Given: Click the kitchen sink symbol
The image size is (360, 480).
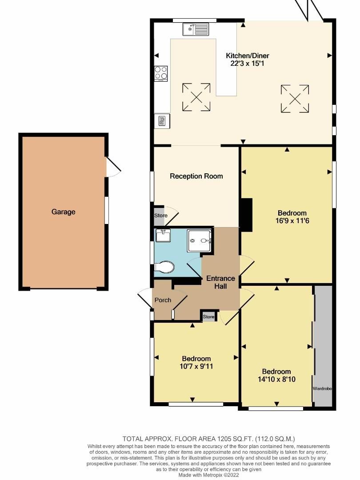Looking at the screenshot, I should (196, 30).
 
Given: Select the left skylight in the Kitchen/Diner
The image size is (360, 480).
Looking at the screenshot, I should (196, 97).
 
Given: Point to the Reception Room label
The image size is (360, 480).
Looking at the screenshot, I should (196, 176).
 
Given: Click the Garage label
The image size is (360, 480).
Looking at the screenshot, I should (64, 212).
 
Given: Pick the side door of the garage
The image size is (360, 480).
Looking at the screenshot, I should (113, 167).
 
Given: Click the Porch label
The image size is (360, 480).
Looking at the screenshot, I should (163, 300).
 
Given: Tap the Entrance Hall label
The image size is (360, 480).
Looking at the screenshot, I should (220, 282).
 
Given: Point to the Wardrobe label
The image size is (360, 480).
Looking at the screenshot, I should (323, 388).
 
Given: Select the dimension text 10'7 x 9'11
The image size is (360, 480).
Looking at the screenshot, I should (196, 367).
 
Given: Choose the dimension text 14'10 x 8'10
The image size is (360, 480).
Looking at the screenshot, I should (276, 380).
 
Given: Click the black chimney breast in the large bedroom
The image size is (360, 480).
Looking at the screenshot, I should (246, 214).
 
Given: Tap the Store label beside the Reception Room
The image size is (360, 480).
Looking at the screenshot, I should (160, 216).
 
